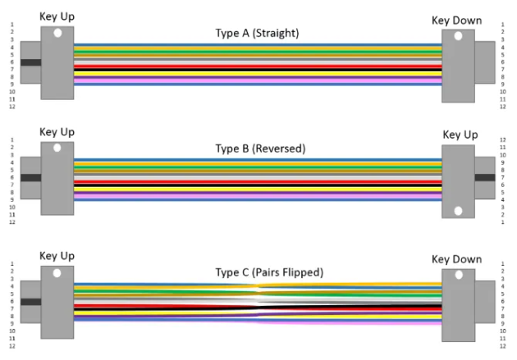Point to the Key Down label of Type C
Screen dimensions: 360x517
[456, 259]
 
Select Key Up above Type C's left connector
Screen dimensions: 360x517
[57, 256]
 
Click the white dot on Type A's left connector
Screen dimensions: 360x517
[57, 34]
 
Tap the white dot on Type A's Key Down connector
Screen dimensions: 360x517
[457, 37]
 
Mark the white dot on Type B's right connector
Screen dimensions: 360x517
[458, 211]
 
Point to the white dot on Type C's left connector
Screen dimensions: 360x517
[57, 273]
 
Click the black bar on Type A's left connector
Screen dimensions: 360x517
[31, 62]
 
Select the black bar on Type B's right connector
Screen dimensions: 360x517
[484, 177]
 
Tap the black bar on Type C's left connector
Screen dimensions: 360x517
[31, 302]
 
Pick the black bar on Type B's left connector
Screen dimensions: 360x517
[31, 177]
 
